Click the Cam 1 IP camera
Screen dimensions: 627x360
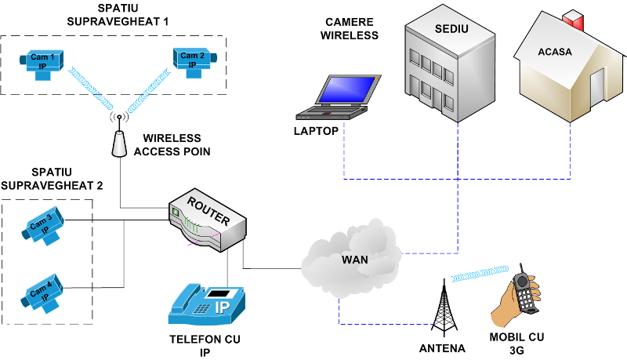[x=42, y=64]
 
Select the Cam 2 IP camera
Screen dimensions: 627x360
[x=194, y=63]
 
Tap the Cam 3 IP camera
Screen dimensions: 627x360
[x=43, y=225]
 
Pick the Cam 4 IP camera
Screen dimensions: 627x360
[x=42, y=293]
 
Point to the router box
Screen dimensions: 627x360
[x=208, y=220]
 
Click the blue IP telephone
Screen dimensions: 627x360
[x=206, y=305]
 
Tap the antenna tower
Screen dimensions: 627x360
[x=444, y=308]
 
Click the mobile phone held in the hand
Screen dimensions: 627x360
[x=525, y=289]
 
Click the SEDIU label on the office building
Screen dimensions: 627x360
[x=451, y=29]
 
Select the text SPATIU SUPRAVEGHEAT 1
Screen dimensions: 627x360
[x=118, y=15]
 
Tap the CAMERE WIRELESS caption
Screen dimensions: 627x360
[x=350, y=29]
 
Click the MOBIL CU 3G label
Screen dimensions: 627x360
[x=516, y=344]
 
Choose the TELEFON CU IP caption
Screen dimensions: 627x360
[x=205, y=346]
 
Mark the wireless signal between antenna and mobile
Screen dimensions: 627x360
[x=480, y=274]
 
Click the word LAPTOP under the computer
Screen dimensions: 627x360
[x=316, y=131]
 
